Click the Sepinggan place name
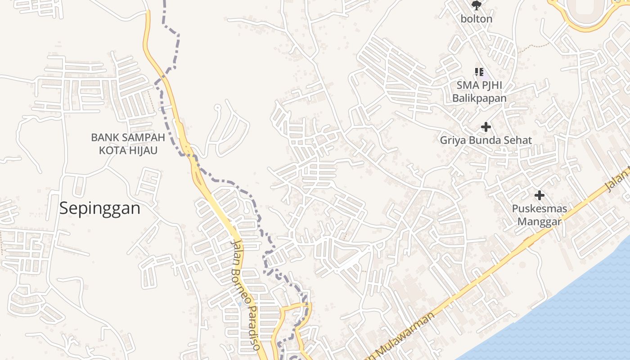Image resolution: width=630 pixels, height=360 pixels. [x=100, y=208]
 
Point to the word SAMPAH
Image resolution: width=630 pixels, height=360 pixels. [x=142, y=137]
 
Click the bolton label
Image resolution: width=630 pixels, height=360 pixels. [x=477, y=19]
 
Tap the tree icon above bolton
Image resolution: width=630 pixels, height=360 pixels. [x=476, y=5]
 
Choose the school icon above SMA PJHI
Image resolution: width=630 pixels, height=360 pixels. [x=479, y=72]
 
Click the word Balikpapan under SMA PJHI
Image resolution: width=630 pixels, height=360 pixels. [x=479, y=98]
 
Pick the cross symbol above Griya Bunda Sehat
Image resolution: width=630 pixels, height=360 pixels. [x=486, y=127]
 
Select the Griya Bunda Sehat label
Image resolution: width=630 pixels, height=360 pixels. [x=486, y=140]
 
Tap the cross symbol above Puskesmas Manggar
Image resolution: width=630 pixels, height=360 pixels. [x=540, y=195]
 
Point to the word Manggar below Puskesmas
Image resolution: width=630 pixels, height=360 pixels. [x=540, y=221]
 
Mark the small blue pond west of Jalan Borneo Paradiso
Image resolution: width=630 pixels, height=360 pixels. [x=240, y=304]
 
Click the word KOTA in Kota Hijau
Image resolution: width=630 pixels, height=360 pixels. [x=110, y=150]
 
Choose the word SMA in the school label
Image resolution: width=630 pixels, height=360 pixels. [x=466, y=85]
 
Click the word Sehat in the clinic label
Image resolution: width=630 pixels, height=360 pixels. [x=517, y=140]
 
